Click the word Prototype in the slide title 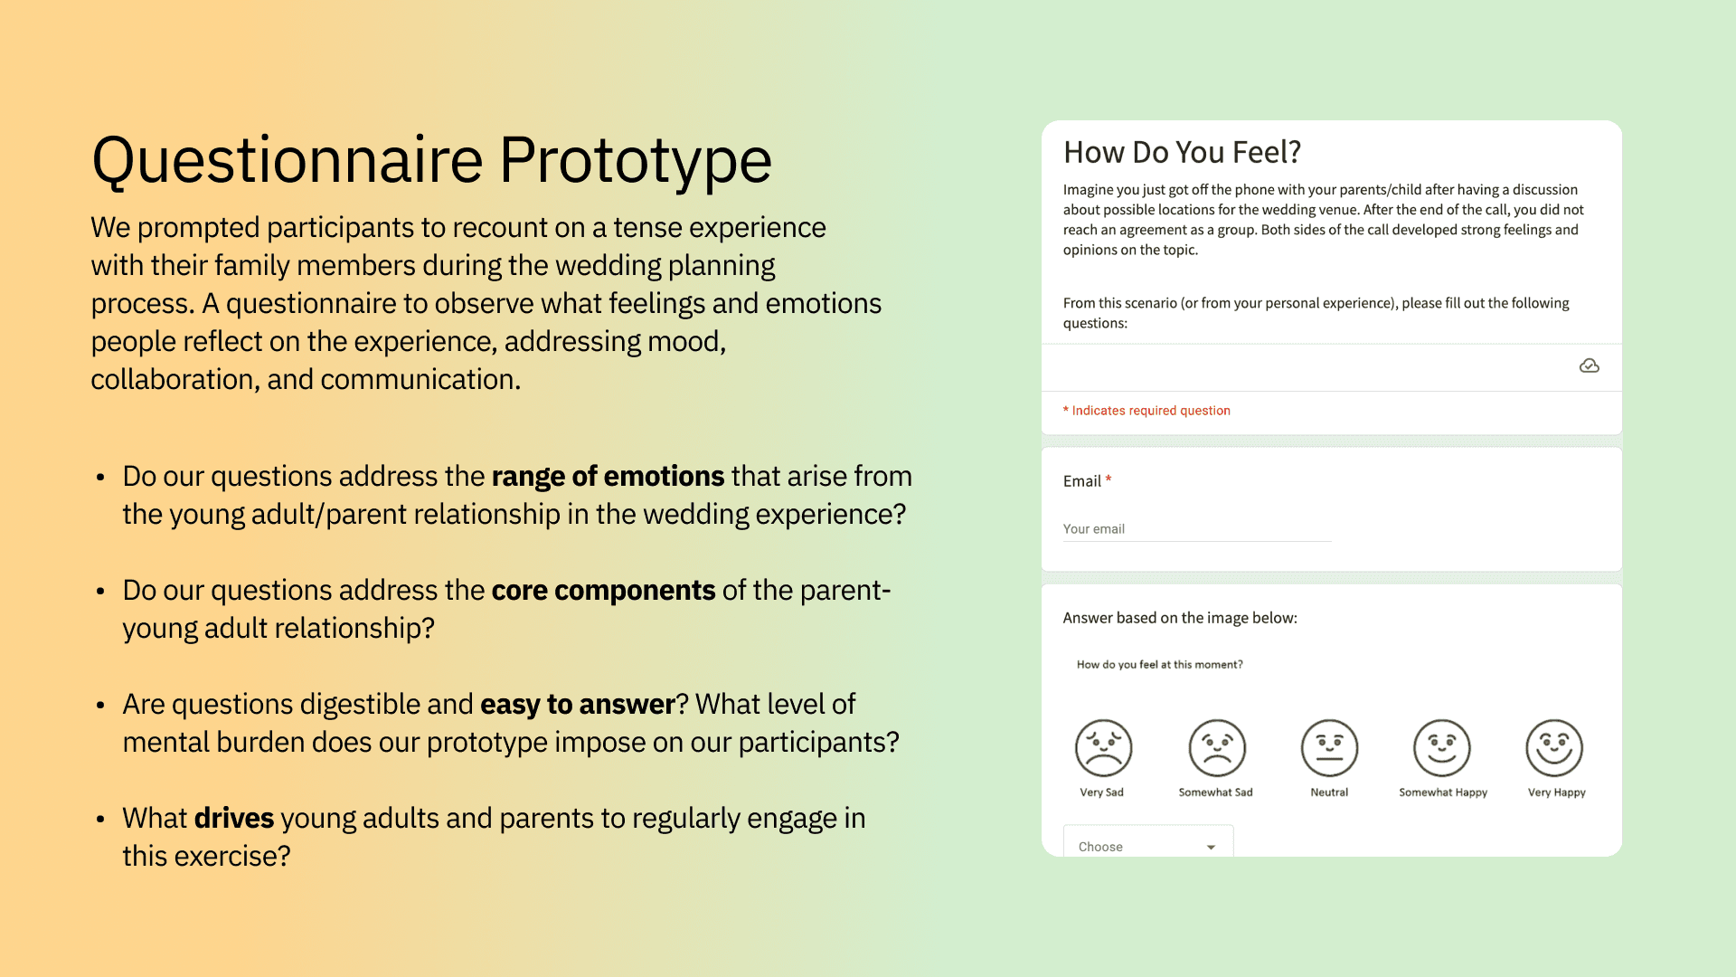tap(635, 161)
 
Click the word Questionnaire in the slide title tap(288, 161)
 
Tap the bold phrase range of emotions tap(608, 476)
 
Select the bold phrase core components tap(603, 590)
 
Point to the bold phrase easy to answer tap(578, 704)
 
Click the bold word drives tap(234, 818)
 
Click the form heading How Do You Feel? tap(1182, 152)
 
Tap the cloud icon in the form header tap(1589, 365)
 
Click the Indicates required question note tap(1146, 411)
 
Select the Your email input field tap(1196, 529)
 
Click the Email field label tap(1081, 481)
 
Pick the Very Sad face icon tap(1103, 748)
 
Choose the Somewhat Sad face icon tap(1217, 748)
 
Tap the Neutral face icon tap(1329, 748)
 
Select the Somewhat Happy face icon tap(1442, 748)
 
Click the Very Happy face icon tap(1554, 748)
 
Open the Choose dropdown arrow tap(1211, 848)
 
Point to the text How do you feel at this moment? tap(1159, 665)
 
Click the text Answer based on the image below tap(1180, 618)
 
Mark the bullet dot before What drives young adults tap(100, 819)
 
